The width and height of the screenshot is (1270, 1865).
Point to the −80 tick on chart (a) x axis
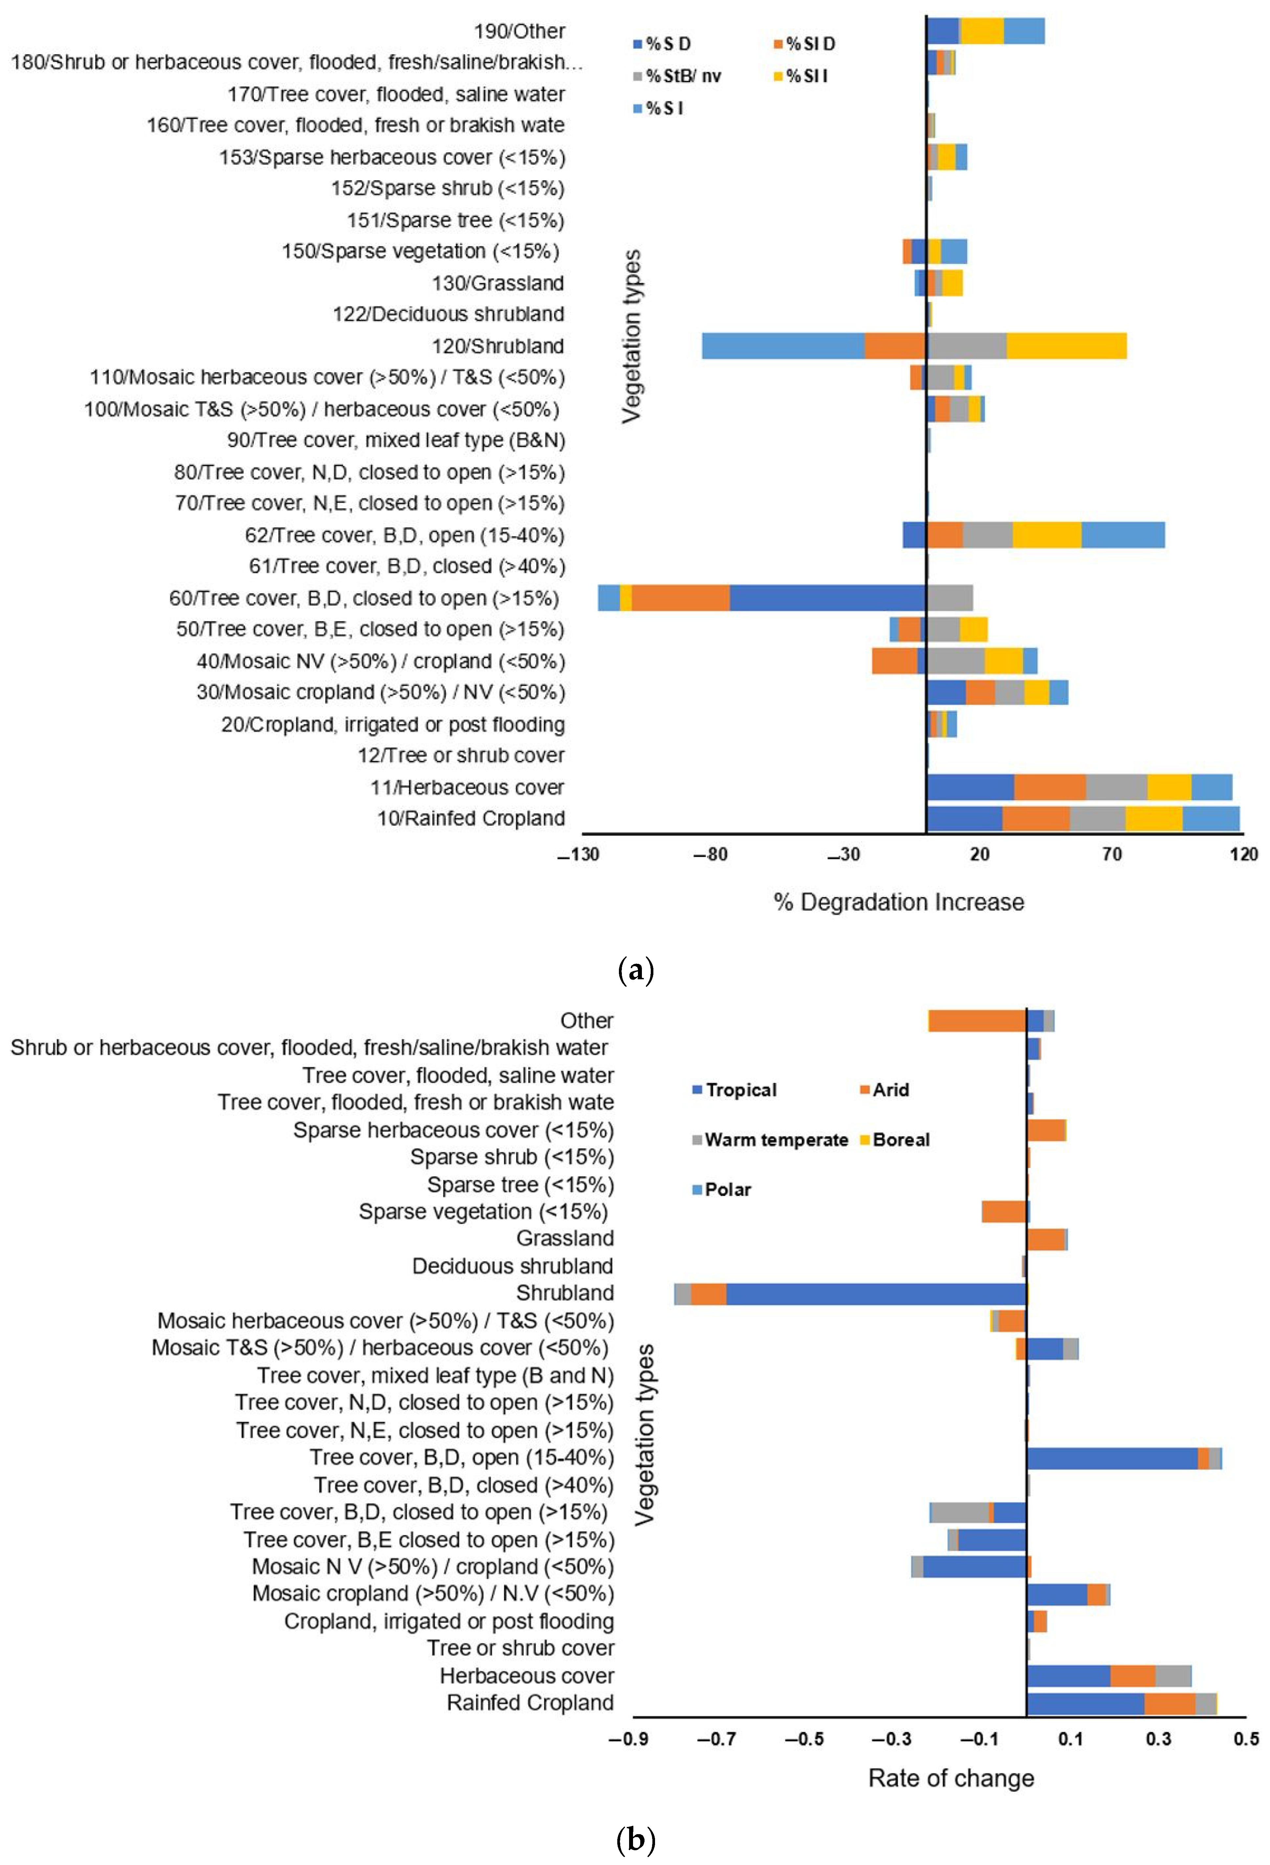coord(711,854)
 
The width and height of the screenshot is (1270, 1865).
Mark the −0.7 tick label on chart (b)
coord(716,1739)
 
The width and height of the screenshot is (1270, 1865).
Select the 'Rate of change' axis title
coord(951,1778)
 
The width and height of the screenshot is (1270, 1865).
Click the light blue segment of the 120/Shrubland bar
coord(783,346)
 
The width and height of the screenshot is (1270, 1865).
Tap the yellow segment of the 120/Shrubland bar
coord(1066,346)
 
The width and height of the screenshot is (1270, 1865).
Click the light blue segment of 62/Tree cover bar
coord(1122,535)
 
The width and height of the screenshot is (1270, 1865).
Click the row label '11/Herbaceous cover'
coord(467,787)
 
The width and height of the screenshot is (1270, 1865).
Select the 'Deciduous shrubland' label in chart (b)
coord(512,1266)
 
